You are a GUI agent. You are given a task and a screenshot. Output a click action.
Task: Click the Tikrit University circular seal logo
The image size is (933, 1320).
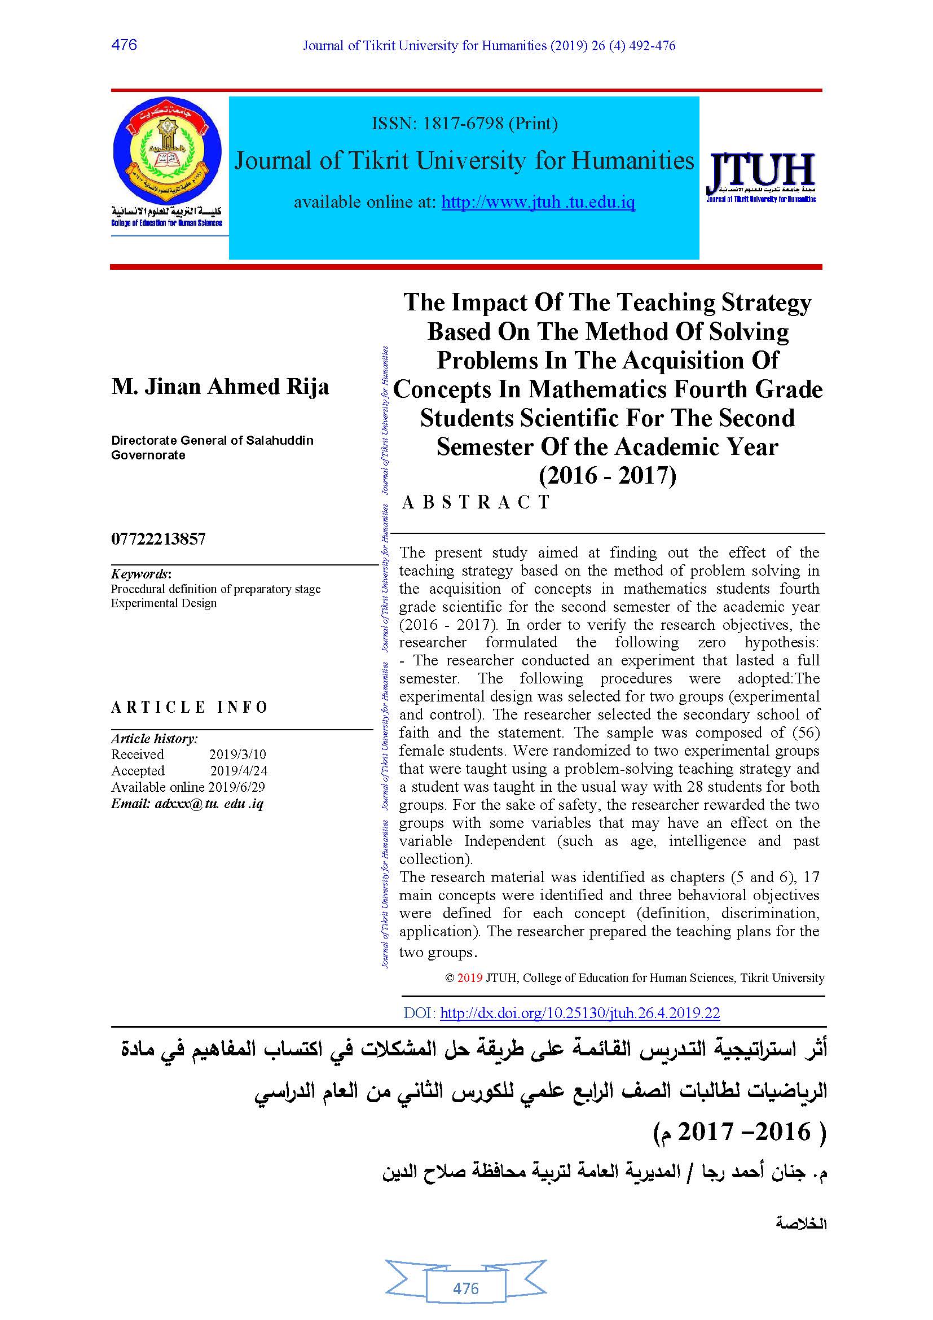tap(166, 151)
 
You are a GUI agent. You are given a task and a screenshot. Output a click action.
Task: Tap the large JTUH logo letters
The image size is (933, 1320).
tap(760, 172)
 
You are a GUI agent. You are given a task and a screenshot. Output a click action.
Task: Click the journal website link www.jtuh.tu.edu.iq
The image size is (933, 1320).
tap(538, 202)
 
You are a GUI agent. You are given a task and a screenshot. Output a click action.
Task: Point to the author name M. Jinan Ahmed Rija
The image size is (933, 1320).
tap(220, 387)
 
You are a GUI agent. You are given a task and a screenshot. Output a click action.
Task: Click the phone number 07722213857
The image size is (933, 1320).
tap(158, 539)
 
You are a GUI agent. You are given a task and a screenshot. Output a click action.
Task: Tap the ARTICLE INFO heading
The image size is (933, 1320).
tap(189, 707)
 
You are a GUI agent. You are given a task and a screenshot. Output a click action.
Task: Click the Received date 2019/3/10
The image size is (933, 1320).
tap(237, 755)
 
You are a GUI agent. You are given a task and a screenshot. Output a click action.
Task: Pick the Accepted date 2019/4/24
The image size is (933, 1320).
tap(239, 770)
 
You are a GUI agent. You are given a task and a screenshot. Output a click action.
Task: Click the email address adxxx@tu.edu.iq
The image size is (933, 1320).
tap(209, 803)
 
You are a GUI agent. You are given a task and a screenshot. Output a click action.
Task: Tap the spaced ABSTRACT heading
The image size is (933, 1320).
tap(476, 502)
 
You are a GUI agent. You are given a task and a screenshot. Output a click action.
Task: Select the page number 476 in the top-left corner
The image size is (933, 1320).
tap(124, 45)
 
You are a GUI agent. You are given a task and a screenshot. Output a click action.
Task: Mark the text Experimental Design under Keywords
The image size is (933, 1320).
tap(164, 603)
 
